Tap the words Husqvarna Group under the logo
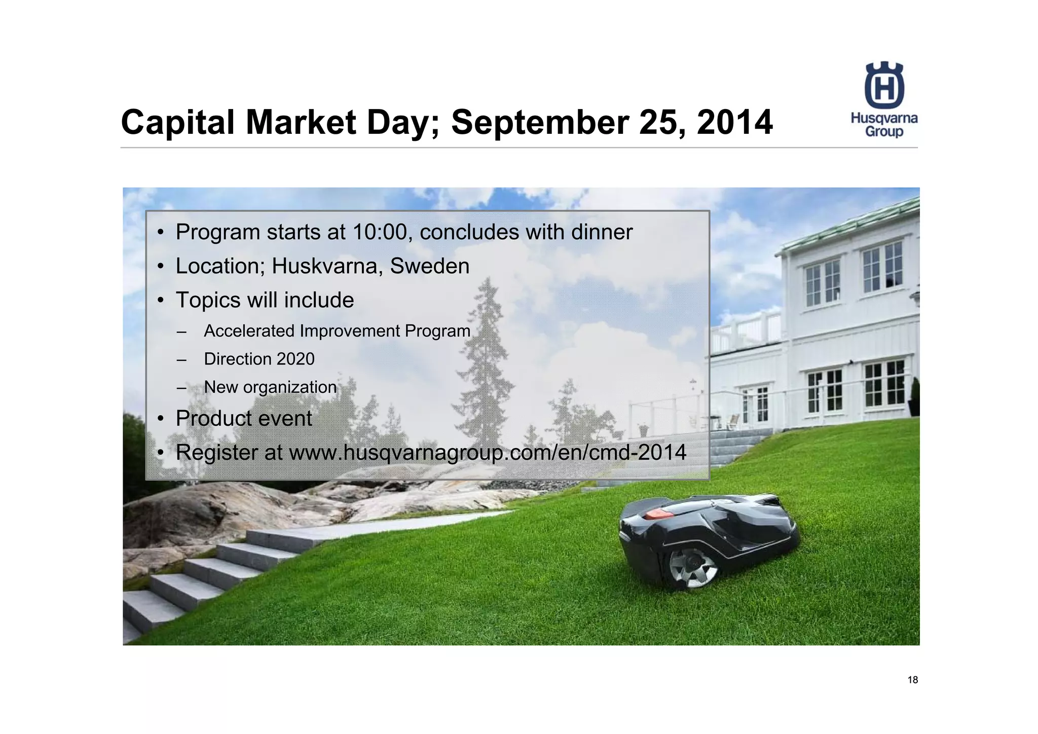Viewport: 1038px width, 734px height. coord(884,125)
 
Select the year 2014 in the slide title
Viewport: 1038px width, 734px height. coord(734,123)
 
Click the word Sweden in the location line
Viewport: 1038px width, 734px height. coord(429,266)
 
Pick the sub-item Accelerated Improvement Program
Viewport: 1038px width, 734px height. coord(337,331)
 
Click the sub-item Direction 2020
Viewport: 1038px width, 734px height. coord(259,359)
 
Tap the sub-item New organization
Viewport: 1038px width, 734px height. coord(270,387)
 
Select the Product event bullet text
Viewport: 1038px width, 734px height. coord(243,419)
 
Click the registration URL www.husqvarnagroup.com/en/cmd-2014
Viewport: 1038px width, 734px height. coord(487,452)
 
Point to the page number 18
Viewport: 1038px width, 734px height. coord(912,680)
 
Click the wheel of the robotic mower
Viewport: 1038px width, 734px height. coord(693,568)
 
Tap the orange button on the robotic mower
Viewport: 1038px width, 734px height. coord(658,514)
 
